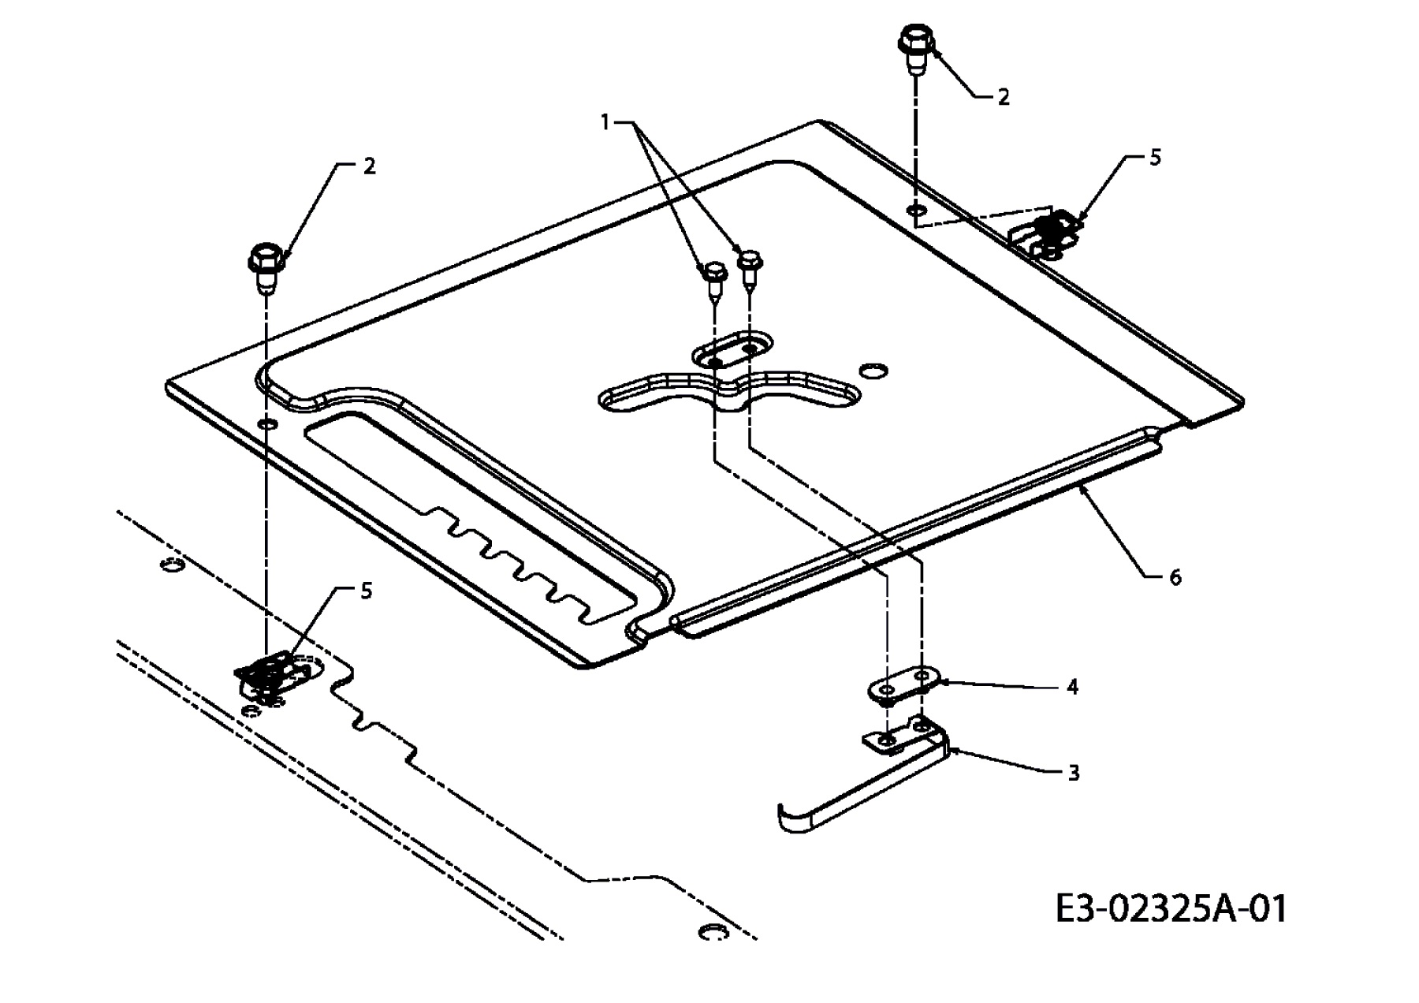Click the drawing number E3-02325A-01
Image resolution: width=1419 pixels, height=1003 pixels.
point(1171,909)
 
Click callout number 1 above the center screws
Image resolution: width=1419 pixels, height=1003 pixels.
point(605,122)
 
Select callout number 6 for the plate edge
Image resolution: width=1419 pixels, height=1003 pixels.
point(1175,578)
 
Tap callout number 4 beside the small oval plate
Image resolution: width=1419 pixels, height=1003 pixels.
point(1072,687)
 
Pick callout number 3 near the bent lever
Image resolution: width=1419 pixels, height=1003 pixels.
point(1073,773)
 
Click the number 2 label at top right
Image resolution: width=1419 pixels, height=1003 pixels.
point(1003,97)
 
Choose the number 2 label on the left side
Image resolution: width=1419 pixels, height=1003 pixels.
point(369,166)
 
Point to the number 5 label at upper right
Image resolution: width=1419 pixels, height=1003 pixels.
point(1155,158)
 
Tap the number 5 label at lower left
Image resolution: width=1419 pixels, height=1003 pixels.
point(366,591)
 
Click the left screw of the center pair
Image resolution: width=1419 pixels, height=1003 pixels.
point(713,279)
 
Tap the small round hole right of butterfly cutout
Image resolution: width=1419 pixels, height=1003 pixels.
point(873,370)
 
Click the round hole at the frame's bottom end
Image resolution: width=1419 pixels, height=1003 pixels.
point(712,932)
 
